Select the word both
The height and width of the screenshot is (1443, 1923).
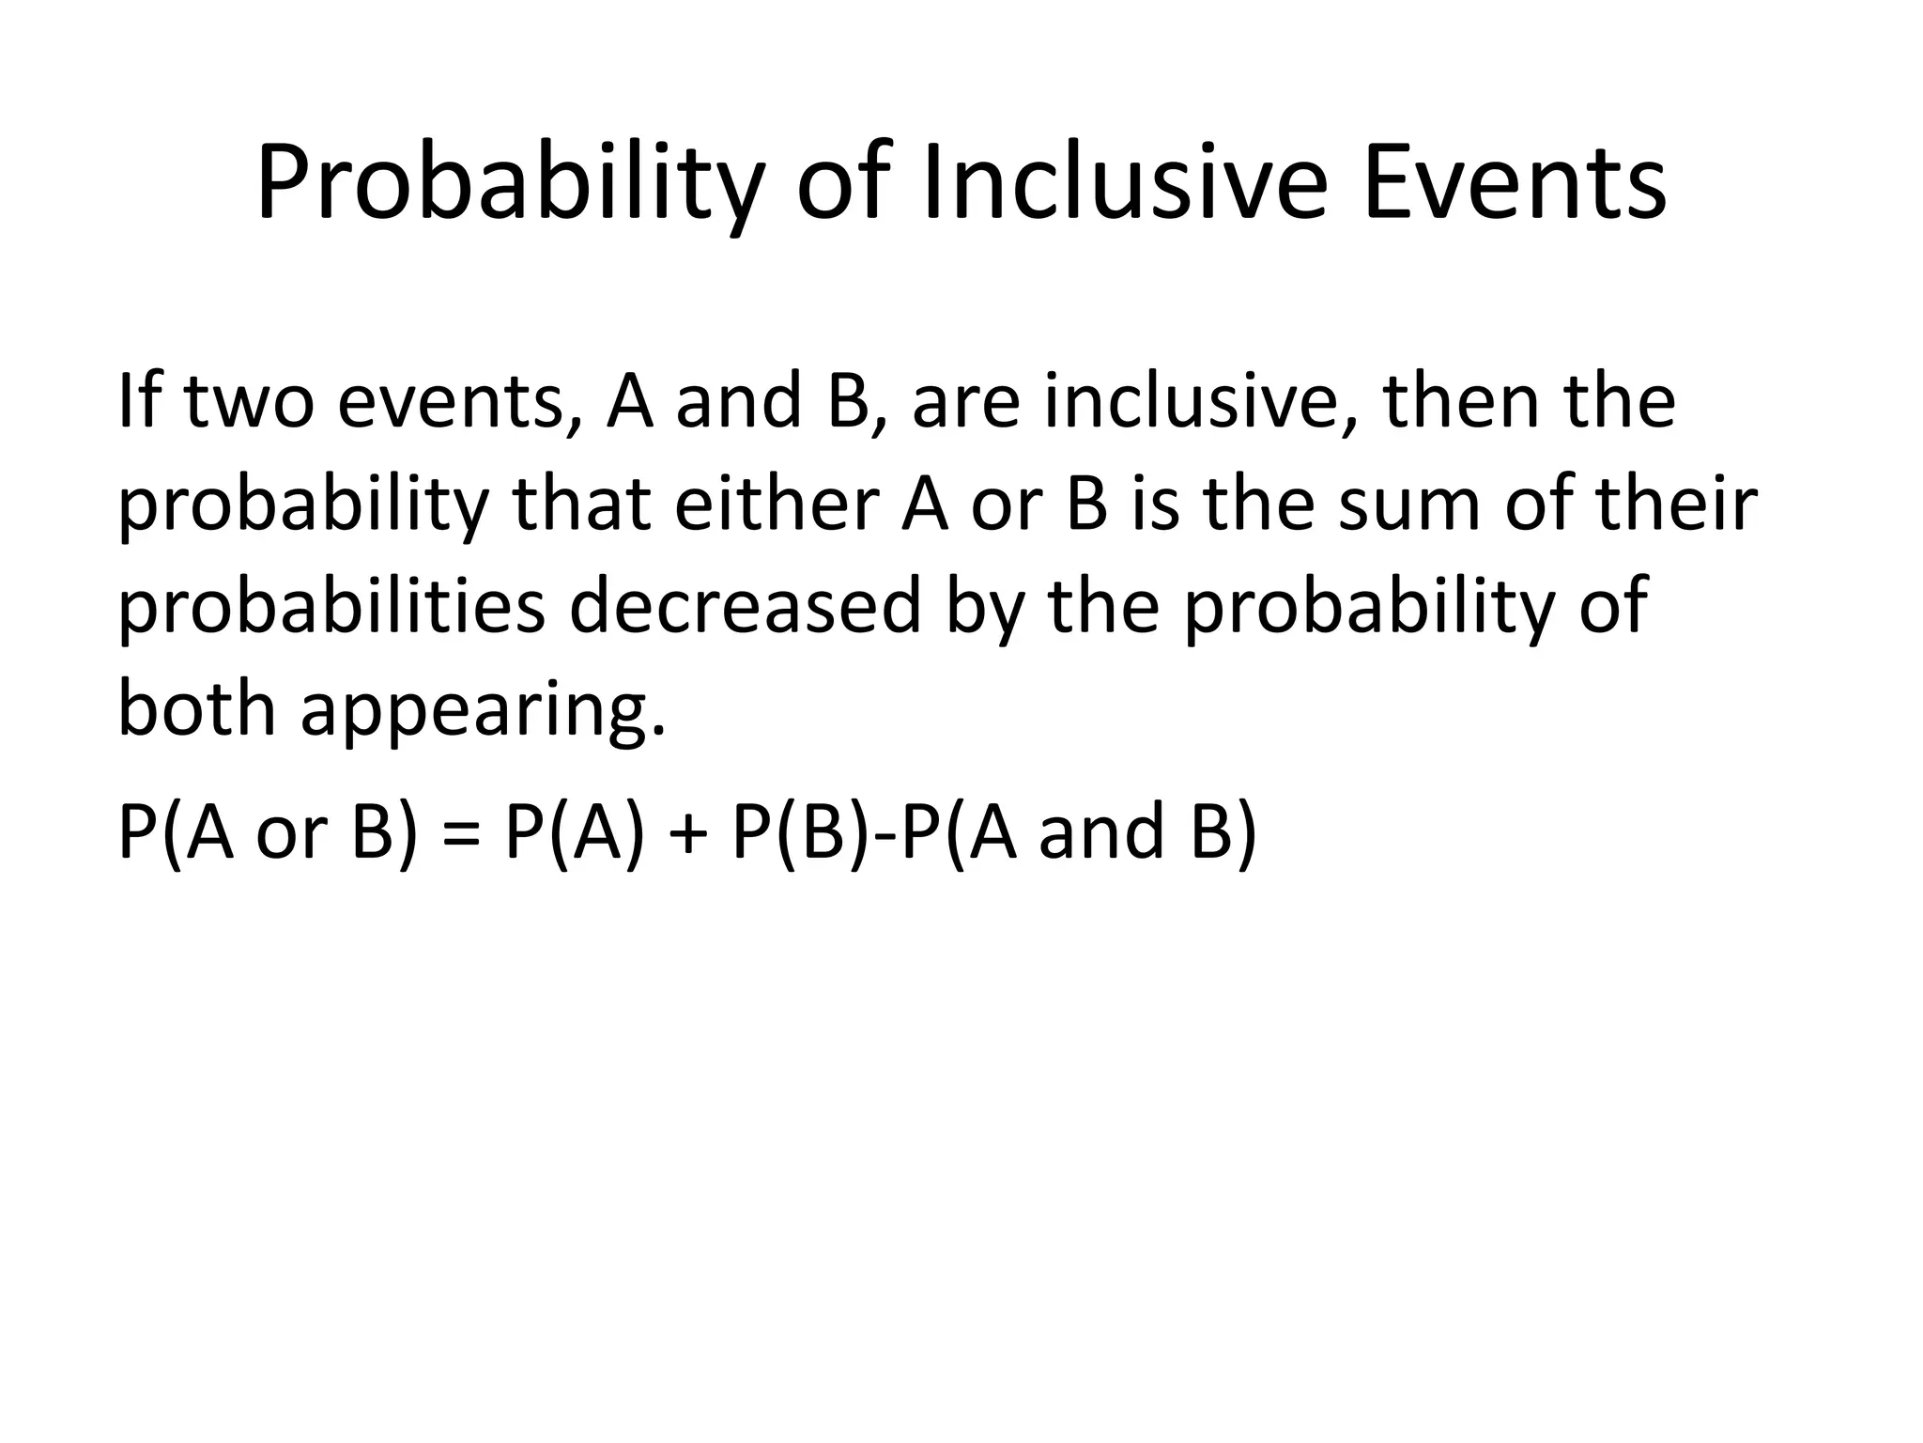click(197, 709)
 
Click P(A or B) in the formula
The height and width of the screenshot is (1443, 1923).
click(267, 832)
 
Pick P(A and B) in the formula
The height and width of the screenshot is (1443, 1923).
click(1079, 832)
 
